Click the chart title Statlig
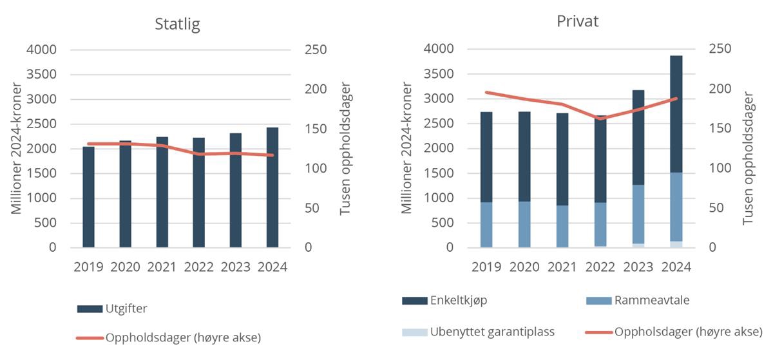pos(177,24)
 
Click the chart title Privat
pos(578,21)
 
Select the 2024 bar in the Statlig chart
pos(272,187)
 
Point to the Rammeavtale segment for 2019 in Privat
pos(486,225)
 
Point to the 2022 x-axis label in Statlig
pos(199,267)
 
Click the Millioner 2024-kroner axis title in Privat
pos(406,148)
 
